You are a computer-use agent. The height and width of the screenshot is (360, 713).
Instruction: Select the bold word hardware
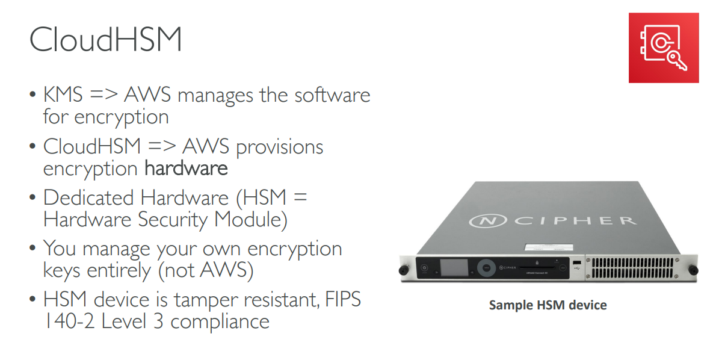(186, 168)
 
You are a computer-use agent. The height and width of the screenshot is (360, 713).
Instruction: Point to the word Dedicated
(89, 197)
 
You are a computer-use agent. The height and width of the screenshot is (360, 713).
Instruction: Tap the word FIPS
(341, 299)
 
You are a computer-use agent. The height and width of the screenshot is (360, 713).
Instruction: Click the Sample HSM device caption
(548, 305)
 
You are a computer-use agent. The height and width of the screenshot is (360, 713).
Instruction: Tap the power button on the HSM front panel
(425, 267)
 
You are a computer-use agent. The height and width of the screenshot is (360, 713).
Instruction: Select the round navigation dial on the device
(485, 267)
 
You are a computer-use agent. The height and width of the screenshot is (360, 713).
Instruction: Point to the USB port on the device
(576, 262)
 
